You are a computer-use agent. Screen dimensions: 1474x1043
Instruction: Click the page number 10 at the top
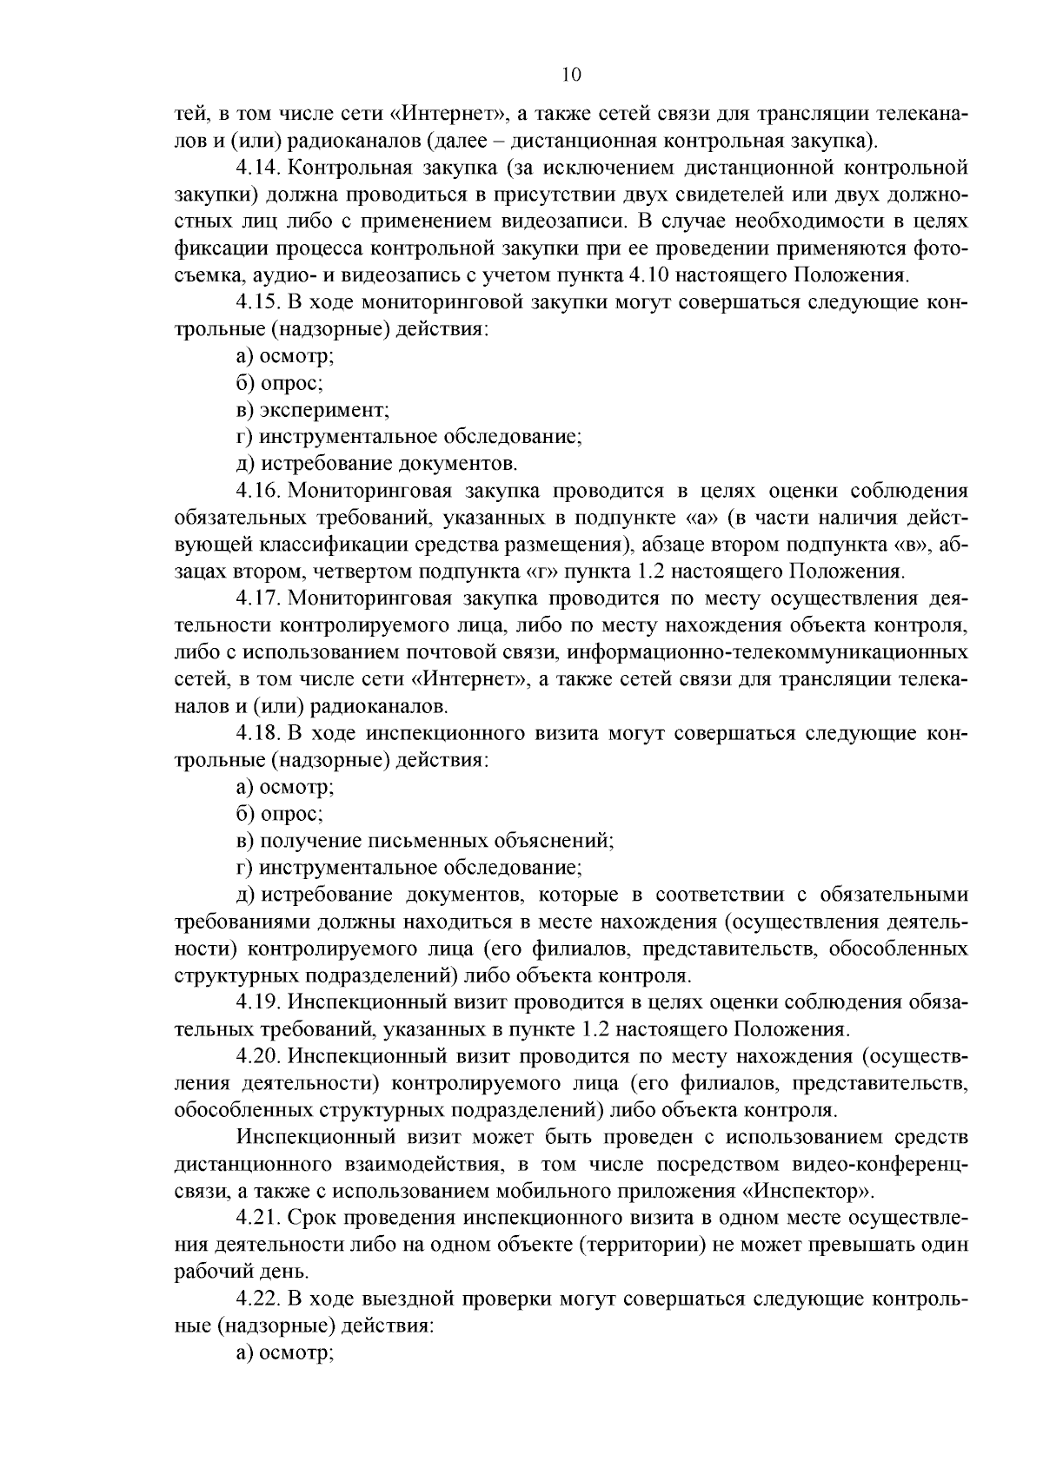click(572, 76)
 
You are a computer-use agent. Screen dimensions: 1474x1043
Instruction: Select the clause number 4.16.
click(257, 492)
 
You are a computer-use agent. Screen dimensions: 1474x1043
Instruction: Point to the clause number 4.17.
click(257, 599)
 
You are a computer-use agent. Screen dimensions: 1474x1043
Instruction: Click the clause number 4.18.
click(257, 734)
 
